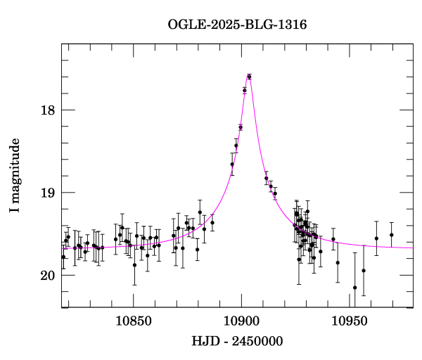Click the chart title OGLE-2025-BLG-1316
[x=237, y=25]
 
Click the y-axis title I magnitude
[x=15, y=176]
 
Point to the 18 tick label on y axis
[x=48, y=110]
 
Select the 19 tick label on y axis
[x=48, y=193]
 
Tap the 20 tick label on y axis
[x=48, y=275]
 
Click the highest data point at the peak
[x=249, y=77]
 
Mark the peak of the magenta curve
[x=249, y=75]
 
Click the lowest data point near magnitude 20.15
[x=354, y=288]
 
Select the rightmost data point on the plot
[x=391, y=235]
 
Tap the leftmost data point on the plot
[x=63, y=257]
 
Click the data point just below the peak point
[x=245, y=90]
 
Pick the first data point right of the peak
[x=266, y=178]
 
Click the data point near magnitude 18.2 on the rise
[x=241, y=127]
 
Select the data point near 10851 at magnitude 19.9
[x=134, y=265]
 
